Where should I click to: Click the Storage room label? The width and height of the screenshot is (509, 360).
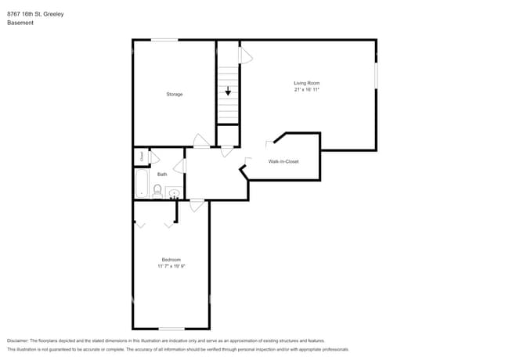pyautogui.click(x=174, y=95)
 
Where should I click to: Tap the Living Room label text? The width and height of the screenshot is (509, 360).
pyautogui.click(x=306, y=83)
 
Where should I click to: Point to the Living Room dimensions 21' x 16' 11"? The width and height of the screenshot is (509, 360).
pyautogui.click(x=306, y=90)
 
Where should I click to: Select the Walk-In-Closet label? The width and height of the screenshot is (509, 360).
pyautogui.click(x=283, y=162)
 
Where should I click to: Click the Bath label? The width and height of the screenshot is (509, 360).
pyautogui.click(x=162, y=175)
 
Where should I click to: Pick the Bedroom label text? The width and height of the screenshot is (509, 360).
pyautogui.click(x=171, y=260)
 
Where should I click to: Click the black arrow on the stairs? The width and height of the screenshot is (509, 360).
pyautogui.click(x=228, y=92)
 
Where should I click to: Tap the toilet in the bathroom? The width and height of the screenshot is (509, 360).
pyautogui.click(x=157, y=190)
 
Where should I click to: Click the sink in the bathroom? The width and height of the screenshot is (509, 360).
pyautogui.click(x=173, y=193)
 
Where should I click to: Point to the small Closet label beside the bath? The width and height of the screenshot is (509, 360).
pyautogui.click(x=142, y=157)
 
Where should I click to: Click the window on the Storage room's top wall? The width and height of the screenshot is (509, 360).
pyautogui.click(x=164, y=40)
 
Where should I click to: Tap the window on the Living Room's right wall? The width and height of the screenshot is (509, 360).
pyautogui.click(x=376, y=76)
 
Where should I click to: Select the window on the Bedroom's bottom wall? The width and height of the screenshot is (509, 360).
pyautogui.click(x=171, y=329)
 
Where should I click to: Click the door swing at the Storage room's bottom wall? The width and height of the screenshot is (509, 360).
pyautogui.click(x=201, y=142)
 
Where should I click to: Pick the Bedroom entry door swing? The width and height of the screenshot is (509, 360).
pyautogui.click(x=197, y=206)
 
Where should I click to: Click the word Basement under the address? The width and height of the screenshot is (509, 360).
pyautogui.click(x=20, y=23)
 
